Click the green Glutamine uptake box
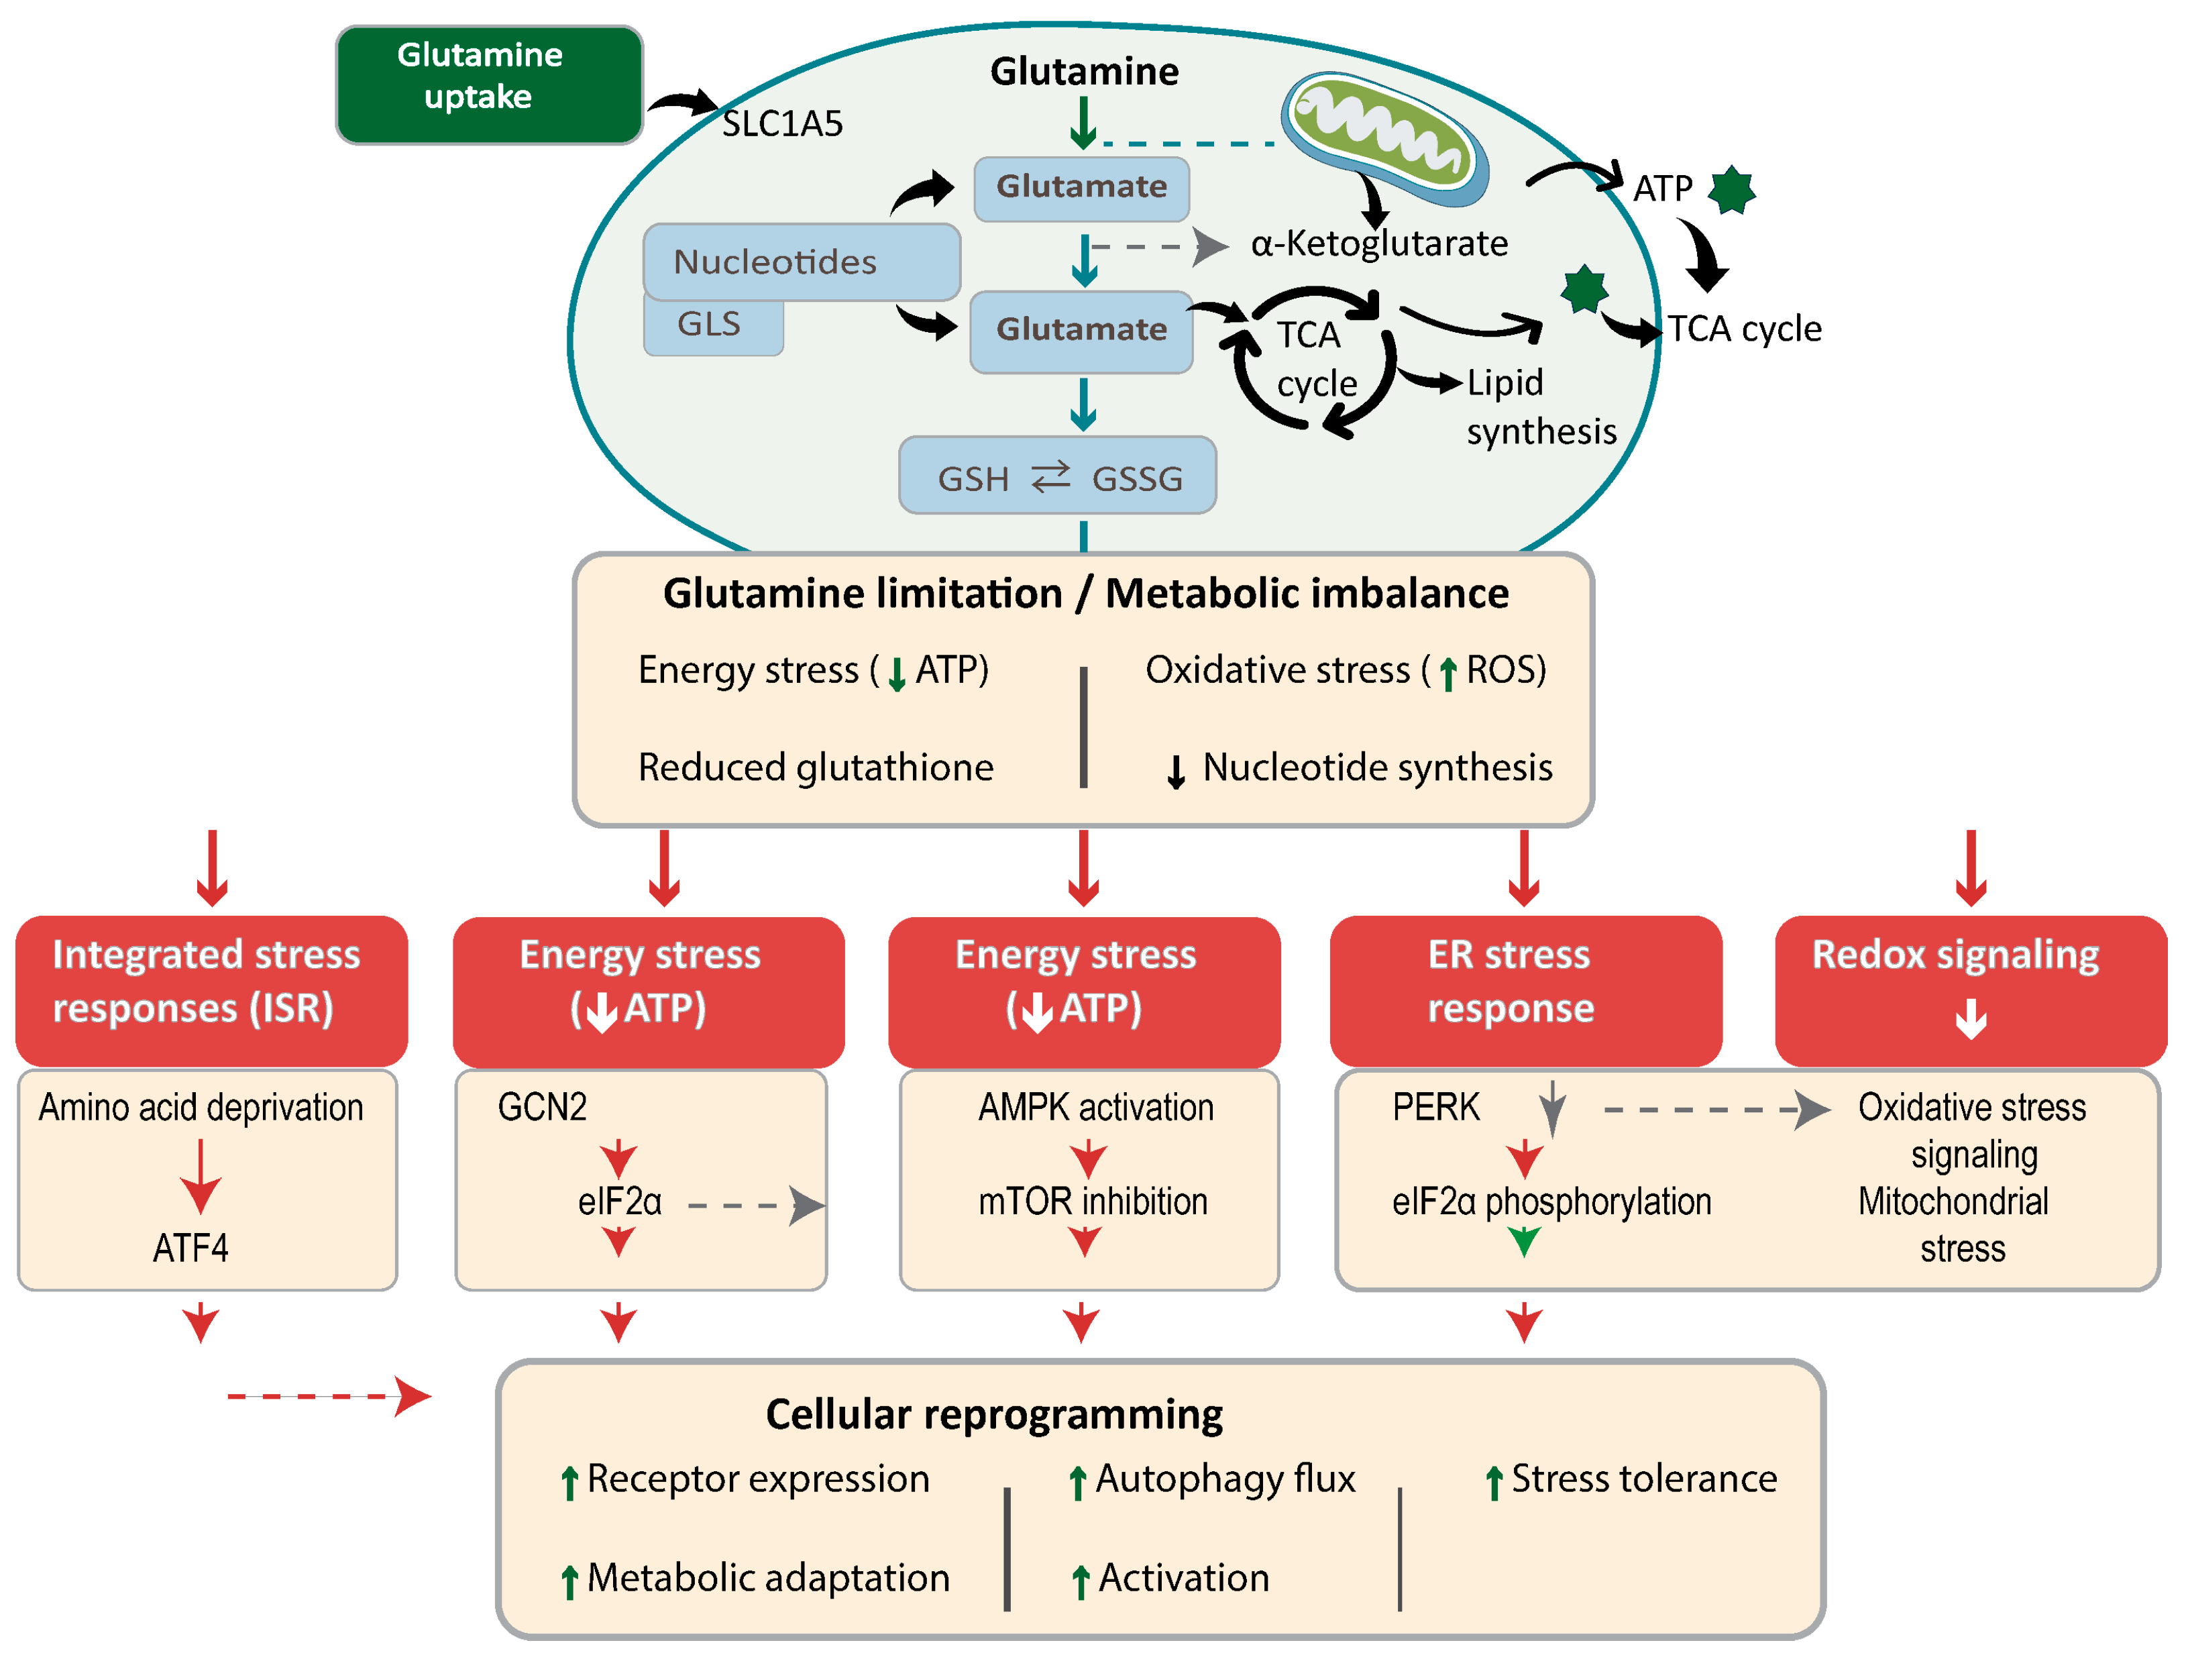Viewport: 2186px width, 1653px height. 489,85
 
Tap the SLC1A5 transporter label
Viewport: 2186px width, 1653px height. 781,123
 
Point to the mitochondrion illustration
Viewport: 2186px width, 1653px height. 1384,136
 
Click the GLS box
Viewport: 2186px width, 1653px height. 712,325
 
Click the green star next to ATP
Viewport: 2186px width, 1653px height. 1731,190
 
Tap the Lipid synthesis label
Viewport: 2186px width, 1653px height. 1541,407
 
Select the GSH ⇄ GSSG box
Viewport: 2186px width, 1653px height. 1057,476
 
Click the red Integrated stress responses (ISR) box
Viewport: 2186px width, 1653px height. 211,991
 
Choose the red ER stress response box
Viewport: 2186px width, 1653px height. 1526,991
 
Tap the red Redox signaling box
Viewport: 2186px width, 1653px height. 1971,991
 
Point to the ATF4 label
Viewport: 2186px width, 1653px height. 190,1248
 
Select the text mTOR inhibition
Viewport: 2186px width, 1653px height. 1093,1202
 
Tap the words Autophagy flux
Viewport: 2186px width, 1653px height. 1225,1479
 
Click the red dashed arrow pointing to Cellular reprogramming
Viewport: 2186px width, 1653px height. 330,1396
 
